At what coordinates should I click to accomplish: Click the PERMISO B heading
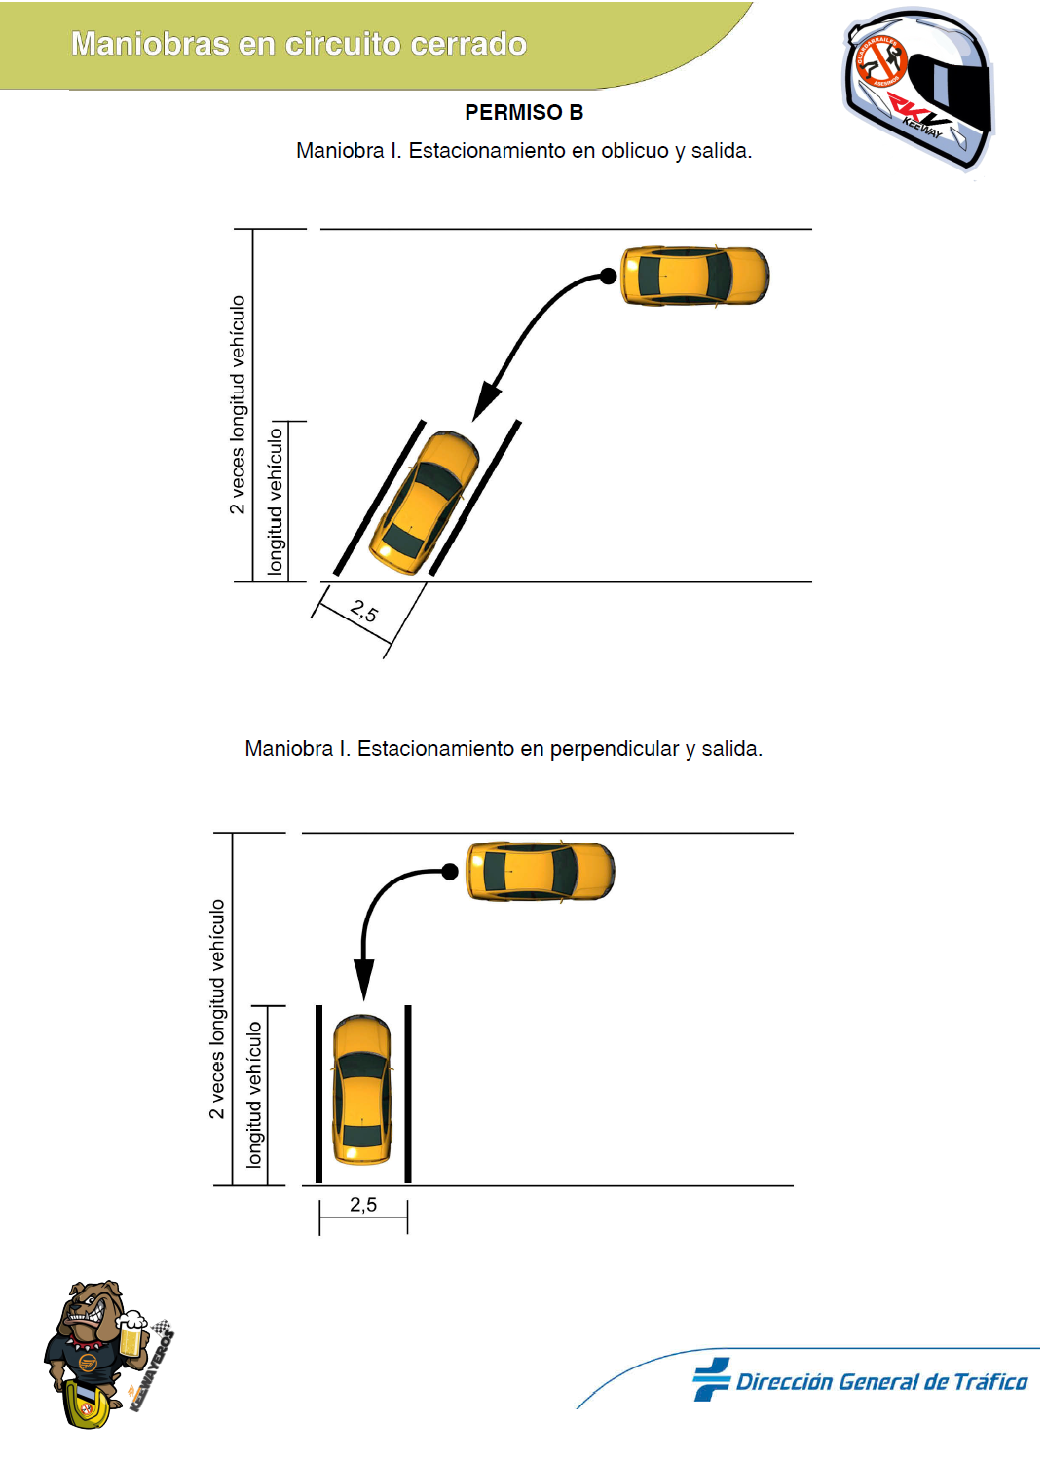(x=523, y=113)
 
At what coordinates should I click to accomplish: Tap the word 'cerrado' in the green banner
(x=468, y=44)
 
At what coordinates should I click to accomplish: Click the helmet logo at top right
(x=917, y=89)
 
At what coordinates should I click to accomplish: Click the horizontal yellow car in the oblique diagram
(x=694, y=277)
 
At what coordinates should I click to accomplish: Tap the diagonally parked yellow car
(x=425, y=503)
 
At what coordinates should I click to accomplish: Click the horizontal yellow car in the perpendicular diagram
(x=541, y=872)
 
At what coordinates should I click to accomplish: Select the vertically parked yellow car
(x=362, y=1090)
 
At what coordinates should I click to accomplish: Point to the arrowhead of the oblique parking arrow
(x=485, y=403)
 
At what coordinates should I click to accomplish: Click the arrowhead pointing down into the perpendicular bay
(x=363, y=979)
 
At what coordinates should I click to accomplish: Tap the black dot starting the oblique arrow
(x=608, y=277)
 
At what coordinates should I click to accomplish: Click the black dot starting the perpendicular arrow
(x=450, y=872)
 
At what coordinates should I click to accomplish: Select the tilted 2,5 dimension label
(x=364, y=612)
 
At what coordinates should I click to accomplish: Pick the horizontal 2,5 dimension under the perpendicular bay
(x=363, y=1205)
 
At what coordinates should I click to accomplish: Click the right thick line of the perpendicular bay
(x=408, y=1094)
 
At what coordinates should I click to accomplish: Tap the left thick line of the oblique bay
(x=380, y=498)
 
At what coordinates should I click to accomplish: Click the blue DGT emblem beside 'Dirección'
(x=712, y=1379)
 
